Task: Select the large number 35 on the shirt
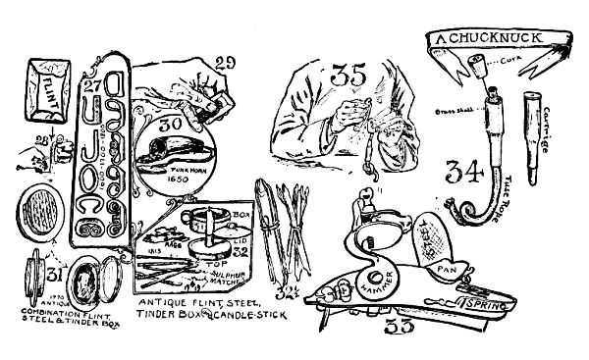point(349,75)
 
